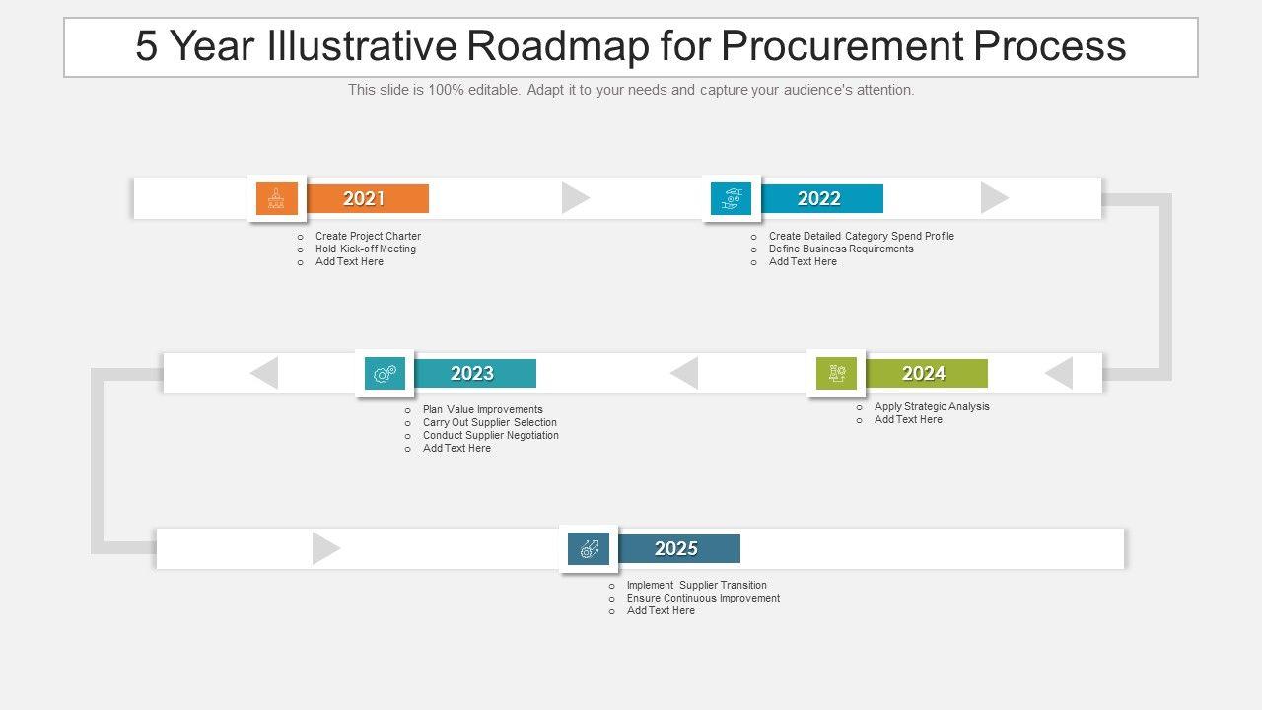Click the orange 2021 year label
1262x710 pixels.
click(365, 198)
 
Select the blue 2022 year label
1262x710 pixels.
click(819, 198)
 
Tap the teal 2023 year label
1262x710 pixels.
click(472, 373)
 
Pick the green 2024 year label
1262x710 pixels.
click(924, 373)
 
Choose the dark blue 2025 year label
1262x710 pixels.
click(676, 548)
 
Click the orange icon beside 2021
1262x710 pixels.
click(276, 198)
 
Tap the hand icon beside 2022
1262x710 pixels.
click(731, 198)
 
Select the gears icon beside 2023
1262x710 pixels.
click(385, 373)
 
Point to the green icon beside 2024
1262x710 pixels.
click(836, 373)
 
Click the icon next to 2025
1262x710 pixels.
click(589, 548)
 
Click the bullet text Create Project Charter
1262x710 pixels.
click(368, 236)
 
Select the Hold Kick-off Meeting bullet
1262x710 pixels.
click(365, 248)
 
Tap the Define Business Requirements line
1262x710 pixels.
click(841, 248)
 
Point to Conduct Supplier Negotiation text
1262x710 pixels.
click(490, 435)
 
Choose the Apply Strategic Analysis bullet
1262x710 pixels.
click(932, 406)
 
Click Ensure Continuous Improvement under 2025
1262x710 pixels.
click(703, 598)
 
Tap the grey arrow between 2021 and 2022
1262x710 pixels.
click(575, 198)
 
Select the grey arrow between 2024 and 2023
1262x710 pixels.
click(684, 373)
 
